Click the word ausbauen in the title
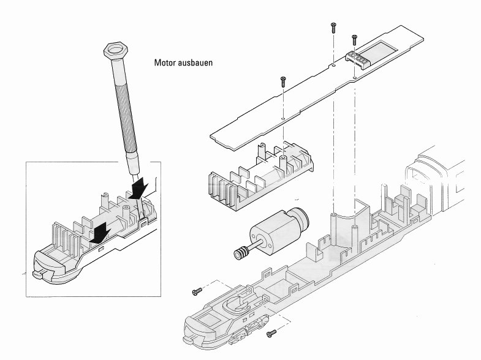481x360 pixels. click(195, 63)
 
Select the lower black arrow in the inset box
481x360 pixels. click(99, 232)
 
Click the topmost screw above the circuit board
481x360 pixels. click(333, 26)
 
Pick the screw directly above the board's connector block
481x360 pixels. click(354, 39)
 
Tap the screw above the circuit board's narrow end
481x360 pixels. click(282, 81)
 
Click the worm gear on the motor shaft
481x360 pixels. click(242, 251)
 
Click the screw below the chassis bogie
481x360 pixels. click(271, 332)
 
